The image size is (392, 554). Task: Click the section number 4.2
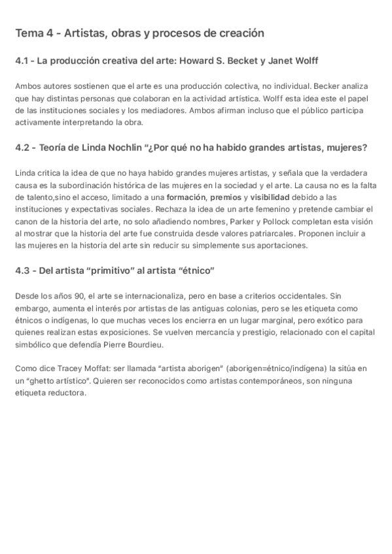(22, 148)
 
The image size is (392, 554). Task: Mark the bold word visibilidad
(270, 197)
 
